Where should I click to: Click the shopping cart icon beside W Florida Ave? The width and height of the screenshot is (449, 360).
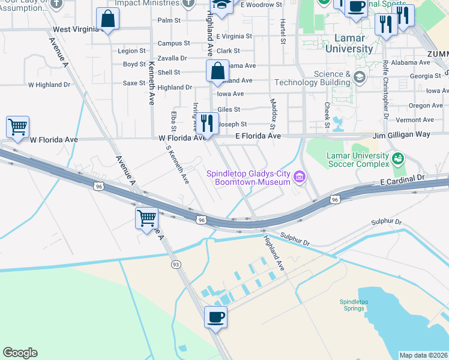click(17, 127)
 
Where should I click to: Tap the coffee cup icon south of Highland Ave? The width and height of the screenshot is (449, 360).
click(215, 316)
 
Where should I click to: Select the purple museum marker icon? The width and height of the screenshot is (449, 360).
click(300, 175)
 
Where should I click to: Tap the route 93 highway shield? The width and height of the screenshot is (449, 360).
click(176, 264)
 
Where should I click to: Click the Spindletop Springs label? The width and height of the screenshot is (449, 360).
click(352, 305)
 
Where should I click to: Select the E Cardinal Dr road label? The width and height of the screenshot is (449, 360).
click(402, 178)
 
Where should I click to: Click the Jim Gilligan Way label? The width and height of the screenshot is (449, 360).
click(402, 134)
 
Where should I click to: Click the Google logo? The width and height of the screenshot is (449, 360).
click(20, 353)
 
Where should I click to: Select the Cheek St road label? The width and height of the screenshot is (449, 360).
click(327, 115)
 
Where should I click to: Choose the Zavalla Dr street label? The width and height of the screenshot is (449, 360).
click(172, 58)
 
